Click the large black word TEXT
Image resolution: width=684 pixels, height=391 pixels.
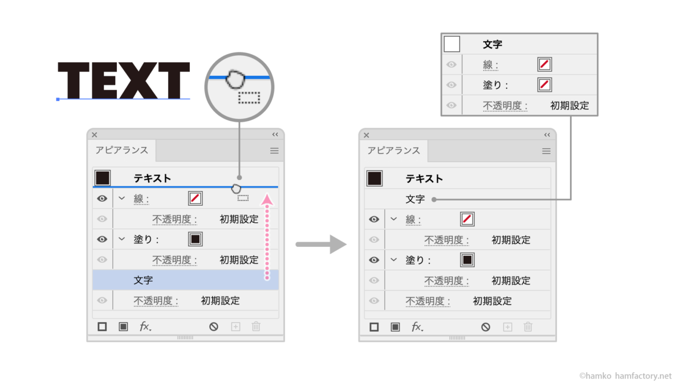124,80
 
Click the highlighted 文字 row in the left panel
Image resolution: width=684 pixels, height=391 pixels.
185,280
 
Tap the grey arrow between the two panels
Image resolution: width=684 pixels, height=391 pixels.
321,244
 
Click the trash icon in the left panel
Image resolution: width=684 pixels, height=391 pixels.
256,327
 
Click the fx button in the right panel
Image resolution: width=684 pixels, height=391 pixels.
418,327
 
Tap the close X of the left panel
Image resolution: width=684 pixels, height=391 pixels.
95,135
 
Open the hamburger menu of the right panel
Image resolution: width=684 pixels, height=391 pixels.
546,151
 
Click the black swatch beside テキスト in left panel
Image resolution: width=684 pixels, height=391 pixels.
102,178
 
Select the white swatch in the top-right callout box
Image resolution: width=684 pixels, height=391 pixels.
451,44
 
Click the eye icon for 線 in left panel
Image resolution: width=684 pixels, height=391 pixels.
102,199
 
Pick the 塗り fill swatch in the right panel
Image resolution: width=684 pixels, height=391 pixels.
467,260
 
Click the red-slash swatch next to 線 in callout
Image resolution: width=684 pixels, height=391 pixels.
544,64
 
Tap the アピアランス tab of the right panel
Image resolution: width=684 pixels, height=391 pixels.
394,151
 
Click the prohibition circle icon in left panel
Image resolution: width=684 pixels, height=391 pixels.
214,327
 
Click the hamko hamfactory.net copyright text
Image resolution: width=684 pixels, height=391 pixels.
625,376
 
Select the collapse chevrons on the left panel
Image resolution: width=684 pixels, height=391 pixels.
275,135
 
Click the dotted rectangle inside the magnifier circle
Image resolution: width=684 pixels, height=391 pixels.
249,97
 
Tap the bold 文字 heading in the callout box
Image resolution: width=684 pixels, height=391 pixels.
492,44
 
